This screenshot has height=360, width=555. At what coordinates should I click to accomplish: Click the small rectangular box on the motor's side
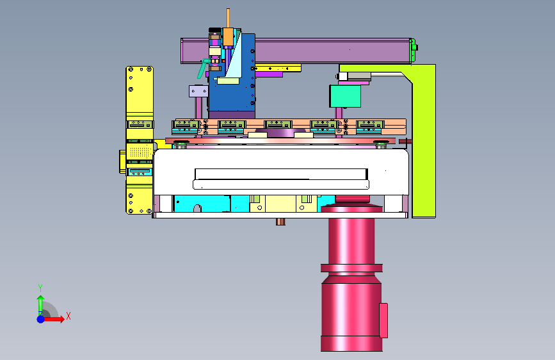pyautogui.click(x=383, y=320)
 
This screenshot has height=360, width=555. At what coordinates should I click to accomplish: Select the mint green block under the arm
pyautogui.click(x=345, y=96)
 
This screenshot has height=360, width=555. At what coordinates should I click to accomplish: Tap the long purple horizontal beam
pyautogui.click(x=296, y=51)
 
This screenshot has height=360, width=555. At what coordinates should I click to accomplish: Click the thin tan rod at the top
pyautogui.click(x=229, y=19)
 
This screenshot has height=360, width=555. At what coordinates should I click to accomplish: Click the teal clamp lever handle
pyautogui.click(x=202, y=69)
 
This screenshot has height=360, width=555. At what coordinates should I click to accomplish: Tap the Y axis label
pyautogui.click(x=40, y=288)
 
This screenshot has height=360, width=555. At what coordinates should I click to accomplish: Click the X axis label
pyautogui.click(x=68, y=316)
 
